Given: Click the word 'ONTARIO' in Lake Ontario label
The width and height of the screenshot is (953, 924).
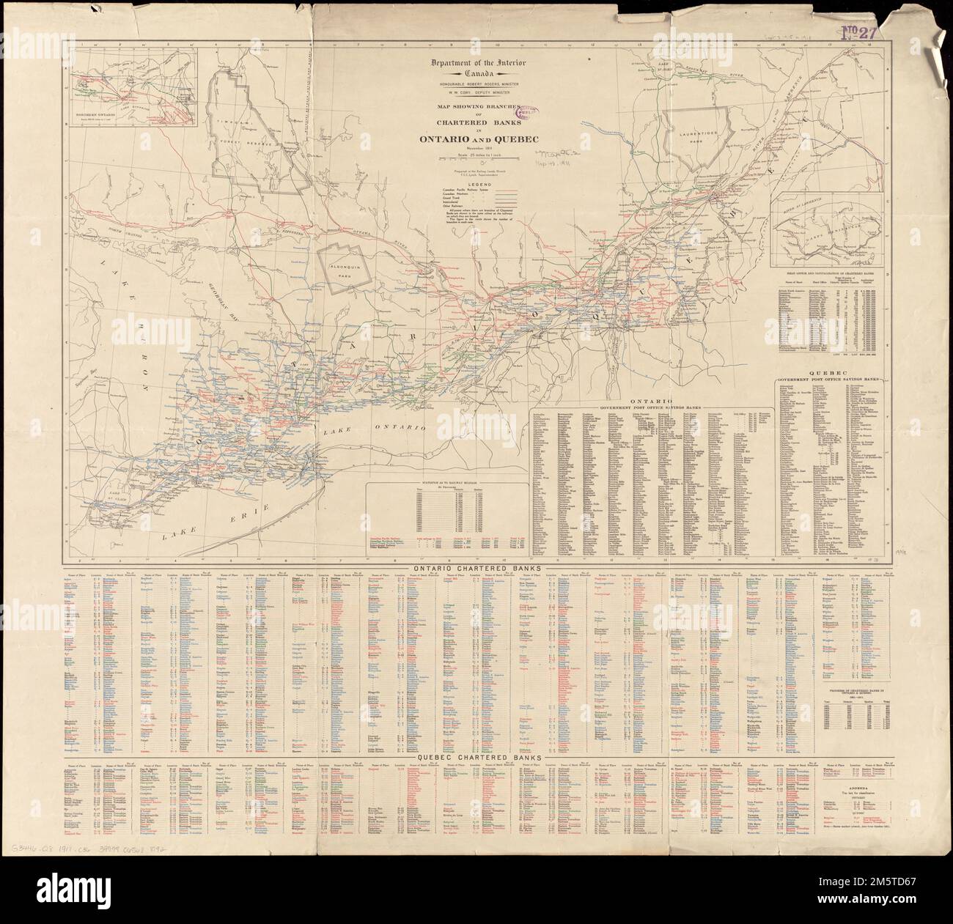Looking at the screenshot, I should (x=400, y=426).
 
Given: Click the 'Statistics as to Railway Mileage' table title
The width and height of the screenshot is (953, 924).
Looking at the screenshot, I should (x=446, y=486).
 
